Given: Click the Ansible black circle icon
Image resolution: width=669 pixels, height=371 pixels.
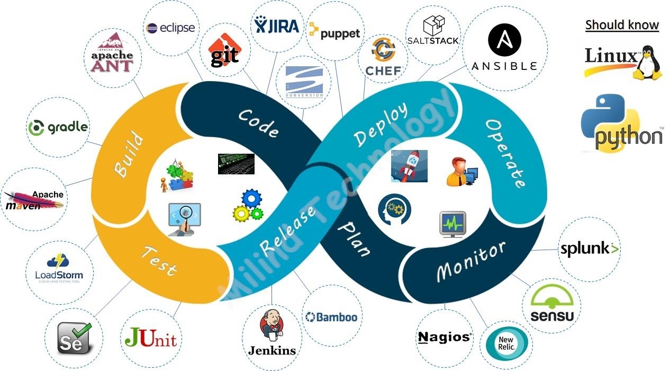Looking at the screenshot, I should point(504,40).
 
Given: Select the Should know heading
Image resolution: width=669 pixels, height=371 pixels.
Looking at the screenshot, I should point(622,25).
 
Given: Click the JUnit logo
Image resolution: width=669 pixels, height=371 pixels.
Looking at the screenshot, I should point(151,338).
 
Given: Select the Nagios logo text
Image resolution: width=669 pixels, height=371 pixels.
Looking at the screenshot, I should point(444,337).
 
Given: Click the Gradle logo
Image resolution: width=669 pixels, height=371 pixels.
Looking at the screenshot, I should point(58,127).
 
